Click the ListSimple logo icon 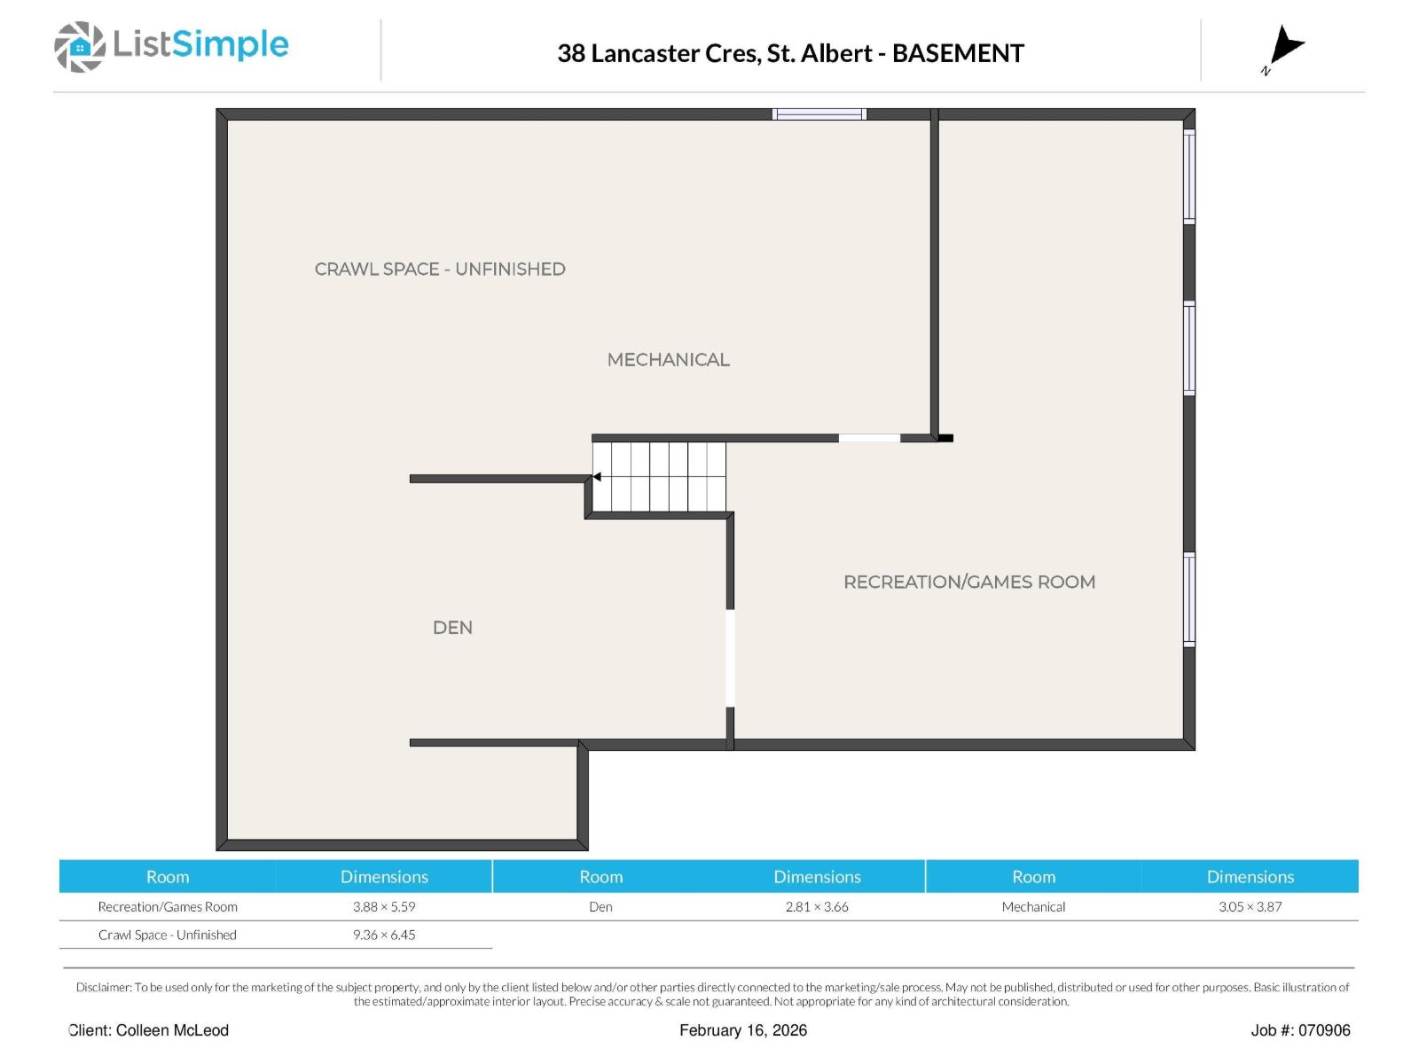tap(80, 46)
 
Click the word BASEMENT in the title tap(958, 53)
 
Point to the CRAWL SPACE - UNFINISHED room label tap(440, 269)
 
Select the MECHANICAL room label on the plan tap(668, 359)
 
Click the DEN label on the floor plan tap(452, 627)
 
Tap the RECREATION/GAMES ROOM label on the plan tap(968, 582)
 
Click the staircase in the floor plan tap(659, 477)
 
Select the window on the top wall tap(819, 114)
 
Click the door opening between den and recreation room tap(730, 658)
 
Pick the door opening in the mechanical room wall tap(869, 438)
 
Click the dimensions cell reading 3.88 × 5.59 tap(384, 906)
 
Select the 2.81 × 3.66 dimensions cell tap(817, 906)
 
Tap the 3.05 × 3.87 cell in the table tap(1250, 906)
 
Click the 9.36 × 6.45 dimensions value tap(384, 935)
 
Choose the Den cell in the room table tap(600, 906)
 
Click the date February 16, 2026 tap(743, 1030)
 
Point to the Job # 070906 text tap(1300, 1030)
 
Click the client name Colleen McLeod tap(172, 1030)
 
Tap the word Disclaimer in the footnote tap(104, 987)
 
